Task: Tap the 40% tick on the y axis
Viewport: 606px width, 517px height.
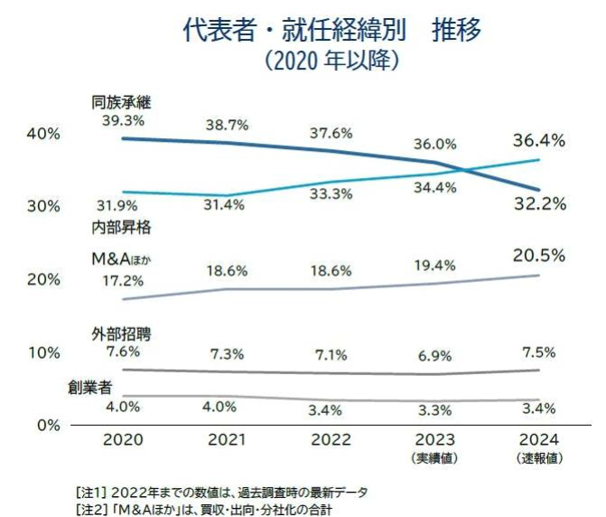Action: [x=43, y=133]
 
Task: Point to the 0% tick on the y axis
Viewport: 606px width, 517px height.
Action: [x=48, y=424]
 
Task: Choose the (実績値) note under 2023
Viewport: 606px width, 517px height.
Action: [x=435, y=458]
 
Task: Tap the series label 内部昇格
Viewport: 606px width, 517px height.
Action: [x=122, y=227]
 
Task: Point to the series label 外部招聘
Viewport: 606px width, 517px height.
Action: [x=122, y=334]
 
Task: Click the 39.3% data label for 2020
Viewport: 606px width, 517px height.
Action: [x=122, y=118]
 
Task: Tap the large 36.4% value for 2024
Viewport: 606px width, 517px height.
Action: [x=539, y=141]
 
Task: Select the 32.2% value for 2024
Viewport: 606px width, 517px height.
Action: [x=539, y=204]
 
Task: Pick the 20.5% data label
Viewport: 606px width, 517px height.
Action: [x=539, y=256]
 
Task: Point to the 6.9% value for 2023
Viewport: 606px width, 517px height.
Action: [x=435, y=355]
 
